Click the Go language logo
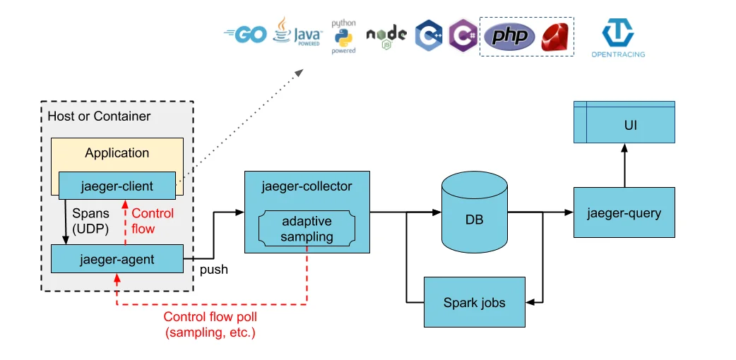246,35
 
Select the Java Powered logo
297,32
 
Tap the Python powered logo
343,37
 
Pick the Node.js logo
386,37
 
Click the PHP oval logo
509,37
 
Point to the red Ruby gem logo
554,37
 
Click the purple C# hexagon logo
463,36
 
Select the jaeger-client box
117,186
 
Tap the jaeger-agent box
117,258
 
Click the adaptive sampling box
307,229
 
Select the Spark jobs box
475,302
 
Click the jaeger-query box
624,212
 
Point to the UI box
624,122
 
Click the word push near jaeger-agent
214,270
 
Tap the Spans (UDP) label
90,221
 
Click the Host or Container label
99,116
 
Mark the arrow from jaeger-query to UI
624,165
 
